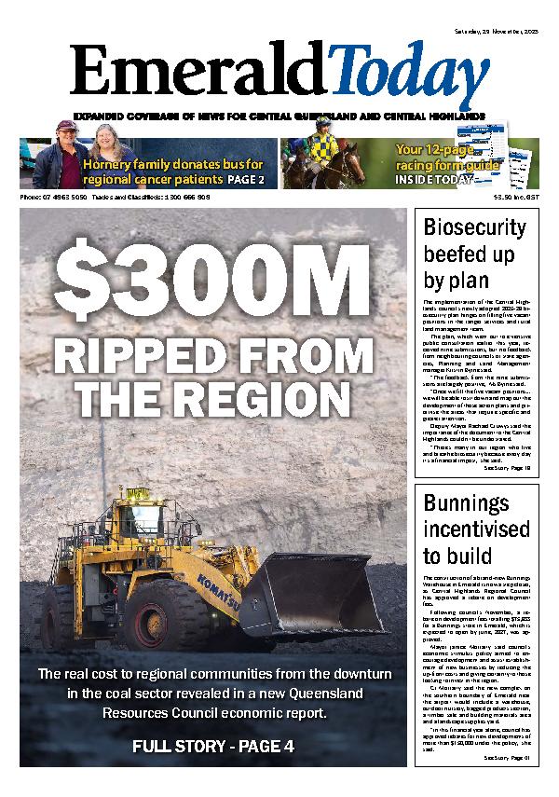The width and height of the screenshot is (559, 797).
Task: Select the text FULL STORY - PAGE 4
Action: pos(213,746)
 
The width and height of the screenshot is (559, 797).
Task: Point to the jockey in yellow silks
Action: pos(326,149)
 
